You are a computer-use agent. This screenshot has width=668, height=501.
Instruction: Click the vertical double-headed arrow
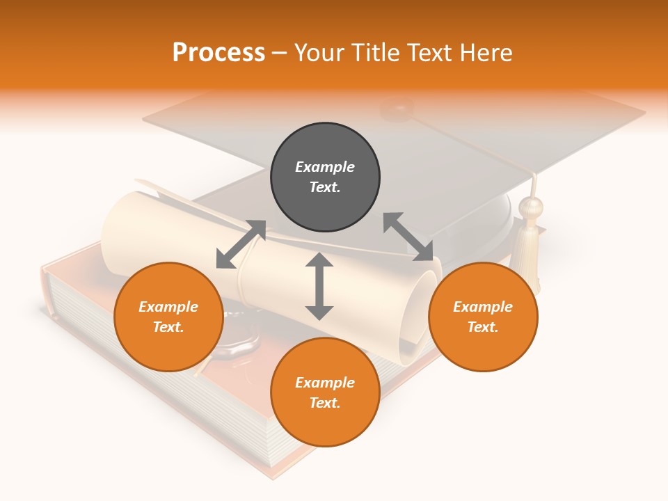click(319, 286)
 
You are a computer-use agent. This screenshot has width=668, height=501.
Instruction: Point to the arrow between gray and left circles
click(241, 244)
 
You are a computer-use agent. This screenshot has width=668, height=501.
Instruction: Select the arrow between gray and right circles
click(408, 237)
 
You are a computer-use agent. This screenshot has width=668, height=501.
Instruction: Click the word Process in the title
click(218, 52)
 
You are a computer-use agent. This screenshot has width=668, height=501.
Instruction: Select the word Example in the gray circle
click(325, 167)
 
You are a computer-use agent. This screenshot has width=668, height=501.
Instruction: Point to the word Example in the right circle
click(483, 307)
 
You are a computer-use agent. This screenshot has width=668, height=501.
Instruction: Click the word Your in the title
click(317, 52)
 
